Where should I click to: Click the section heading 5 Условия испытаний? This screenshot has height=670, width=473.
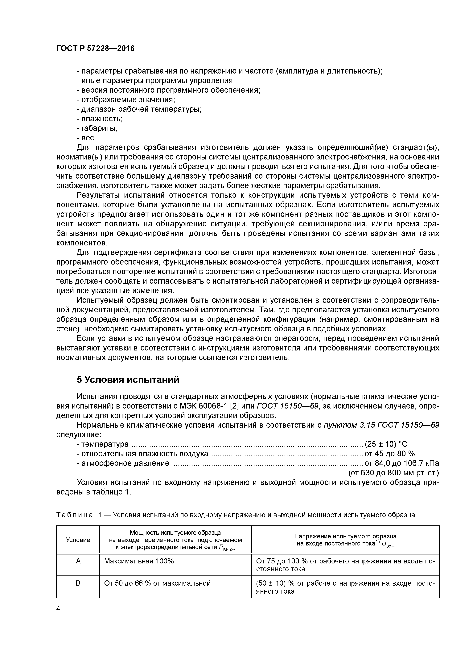128,380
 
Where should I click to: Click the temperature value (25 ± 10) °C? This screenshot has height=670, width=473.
386,444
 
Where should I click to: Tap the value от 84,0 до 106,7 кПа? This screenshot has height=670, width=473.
402,463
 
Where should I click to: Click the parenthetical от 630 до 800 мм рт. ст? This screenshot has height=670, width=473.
393,473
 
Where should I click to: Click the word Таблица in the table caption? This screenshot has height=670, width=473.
75,515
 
